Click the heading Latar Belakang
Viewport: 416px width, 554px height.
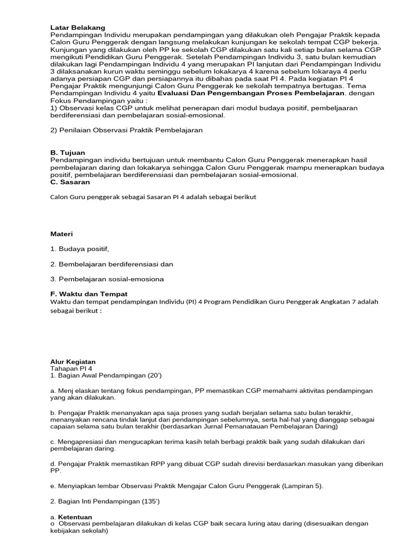pos(77,27)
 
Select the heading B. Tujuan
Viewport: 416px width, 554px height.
pos(67,153)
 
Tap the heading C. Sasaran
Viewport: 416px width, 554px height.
pos(70,182)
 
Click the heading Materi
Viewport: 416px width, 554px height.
pos(61,234)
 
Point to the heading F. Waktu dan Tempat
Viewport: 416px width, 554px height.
pos(89,293)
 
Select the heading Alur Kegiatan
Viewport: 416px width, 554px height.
pos(73,361)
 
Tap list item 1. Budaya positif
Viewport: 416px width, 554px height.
pos(80,249)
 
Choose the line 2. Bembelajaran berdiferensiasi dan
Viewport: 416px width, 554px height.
pos(112,264)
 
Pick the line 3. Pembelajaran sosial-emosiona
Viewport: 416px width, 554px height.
pos(107,279)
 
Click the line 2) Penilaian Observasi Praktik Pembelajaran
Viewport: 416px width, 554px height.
pos(126,130)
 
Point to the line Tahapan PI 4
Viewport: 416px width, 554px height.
pos(71,368)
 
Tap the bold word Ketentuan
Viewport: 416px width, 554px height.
pos(75,517)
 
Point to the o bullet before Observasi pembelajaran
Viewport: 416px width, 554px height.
pos(52,524)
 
